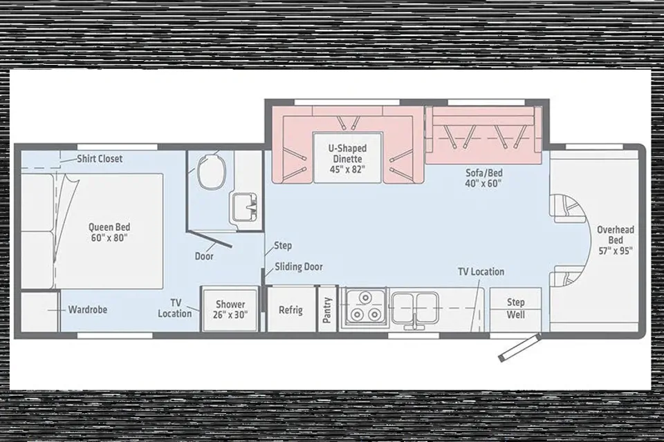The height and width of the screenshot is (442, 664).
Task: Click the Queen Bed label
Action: pos(109,232)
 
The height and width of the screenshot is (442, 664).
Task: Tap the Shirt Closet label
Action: pos(100,159)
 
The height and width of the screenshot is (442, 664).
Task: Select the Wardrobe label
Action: pos(88,309)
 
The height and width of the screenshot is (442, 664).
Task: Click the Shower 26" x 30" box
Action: pos(230,309)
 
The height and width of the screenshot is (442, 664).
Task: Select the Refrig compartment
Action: pos(291,309)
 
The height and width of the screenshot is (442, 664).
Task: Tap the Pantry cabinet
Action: pos(327,309)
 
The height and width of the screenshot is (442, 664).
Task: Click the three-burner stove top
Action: pos(365,307)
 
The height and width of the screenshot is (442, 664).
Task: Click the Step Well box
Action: pos(515,309)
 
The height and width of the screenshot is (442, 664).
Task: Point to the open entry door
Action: pos(520,347)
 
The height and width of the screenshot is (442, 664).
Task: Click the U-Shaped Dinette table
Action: pos(347,157)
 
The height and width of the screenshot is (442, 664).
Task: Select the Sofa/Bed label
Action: pos(483,177)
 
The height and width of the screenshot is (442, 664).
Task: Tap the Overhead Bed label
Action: pos(616,240)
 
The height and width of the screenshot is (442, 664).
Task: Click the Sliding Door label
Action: pos(299,267)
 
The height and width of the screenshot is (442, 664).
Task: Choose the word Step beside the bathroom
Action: pos(282,245)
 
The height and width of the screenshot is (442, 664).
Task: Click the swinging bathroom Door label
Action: pos(204,256)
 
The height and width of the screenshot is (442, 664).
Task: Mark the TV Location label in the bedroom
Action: pos(175,308)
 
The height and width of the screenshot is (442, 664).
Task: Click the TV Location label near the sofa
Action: pos(481,271)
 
